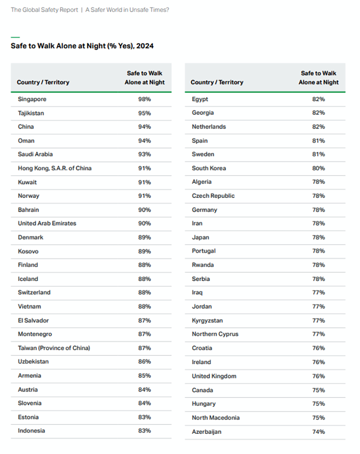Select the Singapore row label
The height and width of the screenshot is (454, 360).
[x=32, y=99]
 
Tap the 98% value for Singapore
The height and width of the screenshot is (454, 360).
[x=144, y=99]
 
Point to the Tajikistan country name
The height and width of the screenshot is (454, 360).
[x=31, y=113]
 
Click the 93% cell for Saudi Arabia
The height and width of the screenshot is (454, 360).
[x=144, y=155]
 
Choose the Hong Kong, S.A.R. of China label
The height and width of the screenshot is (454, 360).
[x=54, y=169]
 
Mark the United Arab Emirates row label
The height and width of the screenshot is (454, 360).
[x=47, y=223]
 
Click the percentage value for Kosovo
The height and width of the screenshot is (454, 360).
[x=144, y=251]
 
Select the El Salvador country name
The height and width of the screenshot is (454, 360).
[x=33, y=320]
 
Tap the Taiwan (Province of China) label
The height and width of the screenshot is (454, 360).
[x=54, y=348]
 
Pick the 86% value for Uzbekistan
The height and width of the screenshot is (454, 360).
[x=144, y=362]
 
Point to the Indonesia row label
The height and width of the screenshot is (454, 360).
[x=31, y=431]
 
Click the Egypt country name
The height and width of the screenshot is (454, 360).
[x=200, y=99]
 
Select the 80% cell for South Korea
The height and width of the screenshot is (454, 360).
[x=318, y=169]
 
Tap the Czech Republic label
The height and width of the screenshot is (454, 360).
[x=213, y=196]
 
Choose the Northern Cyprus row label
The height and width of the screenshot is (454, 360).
[x=215, y=334]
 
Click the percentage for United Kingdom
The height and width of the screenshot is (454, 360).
[x=318, y=376]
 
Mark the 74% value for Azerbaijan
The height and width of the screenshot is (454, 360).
[x=318, y=432]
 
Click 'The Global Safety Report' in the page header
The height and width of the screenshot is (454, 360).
[x=44, y=9]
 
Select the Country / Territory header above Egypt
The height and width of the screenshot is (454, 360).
[x=217, y=82]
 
